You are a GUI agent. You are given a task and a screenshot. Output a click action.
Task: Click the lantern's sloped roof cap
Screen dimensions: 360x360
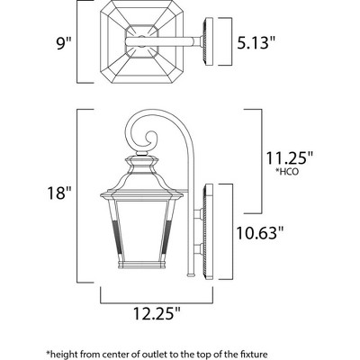tap(150, 176)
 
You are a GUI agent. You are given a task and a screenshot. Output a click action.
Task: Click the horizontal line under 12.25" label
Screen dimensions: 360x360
tap(154, 298)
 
